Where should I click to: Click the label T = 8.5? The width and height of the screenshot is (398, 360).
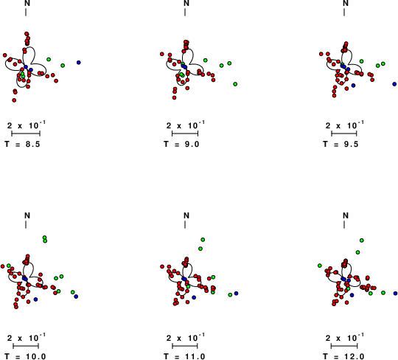click(22, 145)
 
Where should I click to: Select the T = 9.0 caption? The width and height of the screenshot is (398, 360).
click(181, 145)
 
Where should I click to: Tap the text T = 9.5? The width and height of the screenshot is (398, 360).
click(341, 145)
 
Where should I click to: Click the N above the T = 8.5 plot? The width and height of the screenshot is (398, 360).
click(27, 3)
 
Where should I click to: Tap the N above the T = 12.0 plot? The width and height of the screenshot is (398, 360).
click(346, 215)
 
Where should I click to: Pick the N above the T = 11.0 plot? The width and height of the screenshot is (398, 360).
click(186, 215)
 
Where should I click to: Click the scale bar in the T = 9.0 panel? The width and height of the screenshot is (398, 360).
click(185, 134)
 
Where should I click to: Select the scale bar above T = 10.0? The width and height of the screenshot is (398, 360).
click(26, 346)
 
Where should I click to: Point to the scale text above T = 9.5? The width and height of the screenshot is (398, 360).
click(344, 125)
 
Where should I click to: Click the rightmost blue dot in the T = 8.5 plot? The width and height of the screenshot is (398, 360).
click(79, 62)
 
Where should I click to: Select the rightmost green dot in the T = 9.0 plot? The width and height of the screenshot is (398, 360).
click(235, 84)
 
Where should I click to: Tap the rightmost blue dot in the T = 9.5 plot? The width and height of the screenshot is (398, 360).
click(394, 84)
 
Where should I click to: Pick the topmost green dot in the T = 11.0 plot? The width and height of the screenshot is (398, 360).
click(203, 240)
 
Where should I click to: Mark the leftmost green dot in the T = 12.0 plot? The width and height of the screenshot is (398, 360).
click(320, 266)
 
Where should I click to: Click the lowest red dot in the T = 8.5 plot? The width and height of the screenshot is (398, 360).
click(14, 100)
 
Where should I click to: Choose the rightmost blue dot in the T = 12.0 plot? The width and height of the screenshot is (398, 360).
click(396, 293)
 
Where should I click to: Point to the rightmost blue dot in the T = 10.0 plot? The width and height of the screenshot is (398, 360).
click(76, 297)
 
